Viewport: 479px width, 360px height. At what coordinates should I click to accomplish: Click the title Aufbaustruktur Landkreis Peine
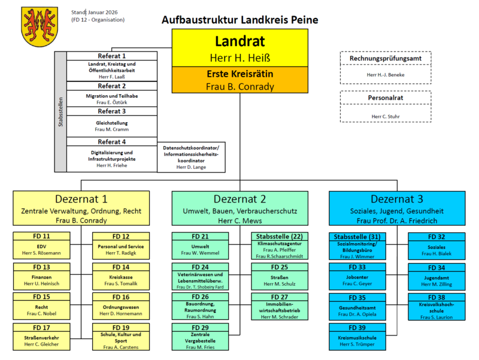tap(239, 20)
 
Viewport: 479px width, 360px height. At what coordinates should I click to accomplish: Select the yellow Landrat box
tap(239, 48)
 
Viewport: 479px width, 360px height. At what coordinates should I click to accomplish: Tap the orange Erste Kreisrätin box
tap(239, 80)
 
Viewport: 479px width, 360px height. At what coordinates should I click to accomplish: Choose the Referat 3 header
tap(111, 111)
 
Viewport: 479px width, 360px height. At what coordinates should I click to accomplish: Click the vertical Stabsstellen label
tap(60, 112)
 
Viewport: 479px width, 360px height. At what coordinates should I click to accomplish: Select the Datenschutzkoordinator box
tap(192, 158)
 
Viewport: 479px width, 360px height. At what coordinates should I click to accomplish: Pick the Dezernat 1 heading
tap(81, 199)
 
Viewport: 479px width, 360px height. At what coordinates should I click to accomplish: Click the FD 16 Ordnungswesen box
tap(120, 305)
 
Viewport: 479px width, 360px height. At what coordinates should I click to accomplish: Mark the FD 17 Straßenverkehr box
tap(42, 335)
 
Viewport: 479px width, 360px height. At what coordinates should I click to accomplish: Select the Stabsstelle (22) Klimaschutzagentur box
tap(279, 245)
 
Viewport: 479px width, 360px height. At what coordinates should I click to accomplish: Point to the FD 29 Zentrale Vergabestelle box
tap(201, 335)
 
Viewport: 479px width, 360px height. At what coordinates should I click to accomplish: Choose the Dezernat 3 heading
tap(396, 199)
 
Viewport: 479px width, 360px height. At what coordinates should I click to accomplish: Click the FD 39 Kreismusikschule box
tap(357, 335)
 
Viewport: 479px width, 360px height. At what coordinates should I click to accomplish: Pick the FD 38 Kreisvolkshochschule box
tap(436, 305)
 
